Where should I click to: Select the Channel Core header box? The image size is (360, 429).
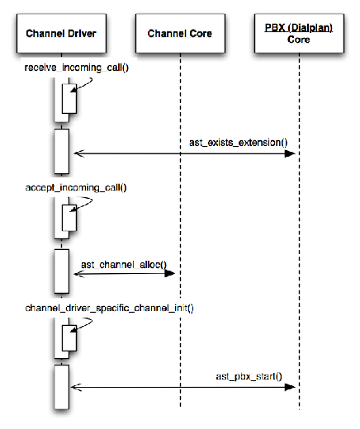[180, 33]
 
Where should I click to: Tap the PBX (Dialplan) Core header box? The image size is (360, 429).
[299, 33]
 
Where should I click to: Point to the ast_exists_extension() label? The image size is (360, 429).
[238, 142]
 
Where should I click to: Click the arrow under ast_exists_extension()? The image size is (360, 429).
[184, 153]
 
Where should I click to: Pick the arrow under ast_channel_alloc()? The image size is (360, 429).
[125, 274]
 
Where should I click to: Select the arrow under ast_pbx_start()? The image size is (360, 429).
[184, 386]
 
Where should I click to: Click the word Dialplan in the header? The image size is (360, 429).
[311, 27]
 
